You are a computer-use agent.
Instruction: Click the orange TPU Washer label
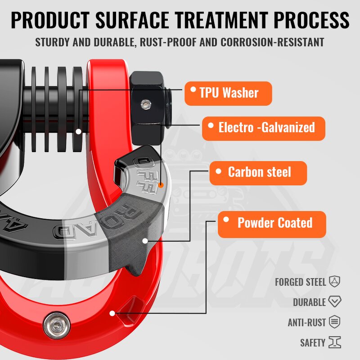pyautogui.click(x=228, y=93)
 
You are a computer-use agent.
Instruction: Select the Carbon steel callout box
pyautogui.click(x=258, y=172)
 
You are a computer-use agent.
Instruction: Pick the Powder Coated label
pyautogui.click(x=272, y=223)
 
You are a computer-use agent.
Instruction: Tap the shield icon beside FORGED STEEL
pyautogui.click(x=334, y=282)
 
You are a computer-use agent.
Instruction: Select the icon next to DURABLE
pyautogui.click(x=334, y=301)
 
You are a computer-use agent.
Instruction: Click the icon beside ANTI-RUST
pyautogui.click(x=334, y=322)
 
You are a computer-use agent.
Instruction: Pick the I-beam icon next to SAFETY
pyautogui.click(x=334, y=342)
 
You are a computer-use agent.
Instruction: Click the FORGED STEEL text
pyautogui.click(x=300, y=282)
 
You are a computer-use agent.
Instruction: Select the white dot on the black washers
pyautogui.click(x=79, y=132)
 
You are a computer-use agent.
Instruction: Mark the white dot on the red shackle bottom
pyautogui.click(x=112, y=313)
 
